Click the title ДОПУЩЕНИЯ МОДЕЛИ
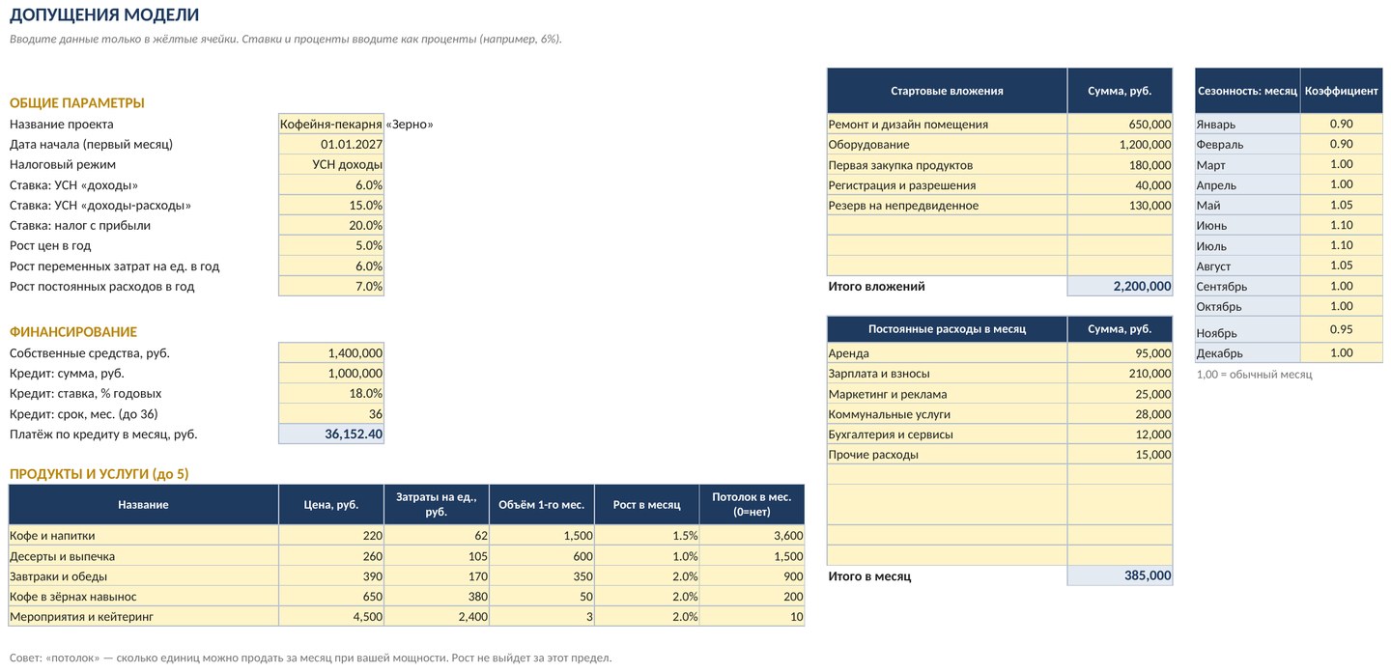(104, 14)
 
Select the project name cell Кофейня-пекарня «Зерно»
(356, 125)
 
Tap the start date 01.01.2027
(352, 145)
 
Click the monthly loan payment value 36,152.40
(354, 434)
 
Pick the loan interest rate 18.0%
(366, 393)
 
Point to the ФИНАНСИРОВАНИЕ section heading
(73, 332)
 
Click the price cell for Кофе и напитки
(373, 536)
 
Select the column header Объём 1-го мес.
(542, 504)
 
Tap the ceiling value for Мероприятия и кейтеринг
(797, 617)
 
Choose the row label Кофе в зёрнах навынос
(72, 597)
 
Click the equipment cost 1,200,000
(1145, 145)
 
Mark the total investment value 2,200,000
(1142, 286)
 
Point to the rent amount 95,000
(1153, 353)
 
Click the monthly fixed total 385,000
(1148, 575)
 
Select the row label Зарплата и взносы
(879, 374)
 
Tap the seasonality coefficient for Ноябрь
(1342, 329)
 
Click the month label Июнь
(1211, 226)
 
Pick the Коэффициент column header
(1342, 91)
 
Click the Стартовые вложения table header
(947, 91)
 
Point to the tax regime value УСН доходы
(347, 164)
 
